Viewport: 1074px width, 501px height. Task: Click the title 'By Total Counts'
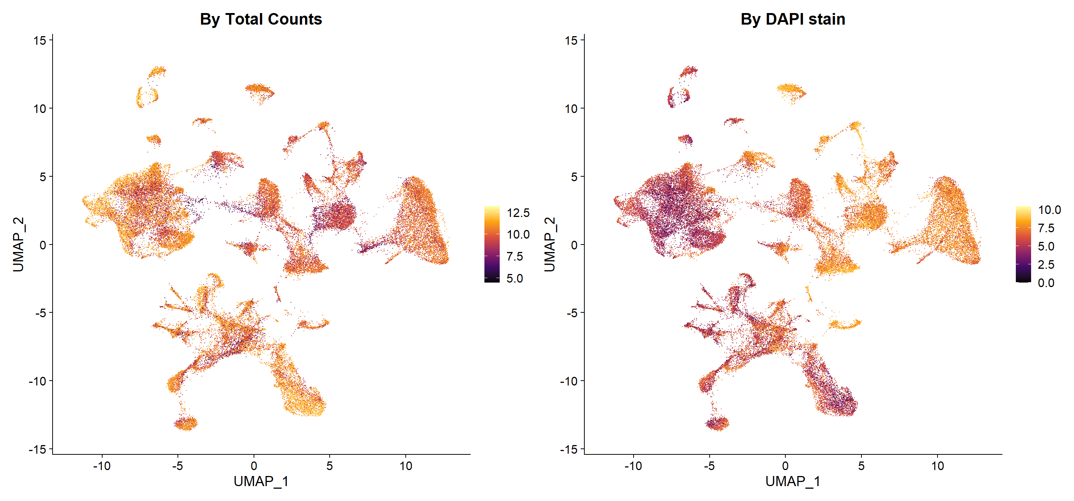pos(261,19)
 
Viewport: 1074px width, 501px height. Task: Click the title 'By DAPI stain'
pos(792,19)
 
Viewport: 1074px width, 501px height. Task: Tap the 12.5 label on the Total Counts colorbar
pos(518,212)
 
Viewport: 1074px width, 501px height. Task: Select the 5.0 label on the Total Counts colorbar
pos(515,278)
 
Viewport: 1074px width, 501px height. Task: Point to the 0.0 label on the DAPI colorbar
pos(1046,283)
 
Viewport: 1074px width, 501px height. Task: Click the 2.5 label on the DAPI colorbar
pos(1046,265)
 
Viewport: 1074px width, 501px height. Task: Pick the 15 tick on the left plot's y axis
pos(40,40)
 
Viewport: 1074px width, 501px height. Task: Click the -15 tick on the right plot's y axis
pos(569,449)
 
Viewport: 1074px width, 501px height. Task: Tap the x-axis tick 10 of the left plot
pos(406,466)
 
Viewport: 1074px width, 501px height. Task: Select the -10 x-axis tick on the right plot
pos(633,466)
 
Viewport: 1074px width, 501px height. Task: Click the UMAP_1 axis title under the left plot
pos(261,481)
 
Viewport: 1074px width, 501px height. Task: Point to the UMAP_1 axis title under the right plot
pos(792,481)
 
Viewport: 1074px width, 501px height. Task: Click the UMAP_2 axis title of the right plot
pos(550,244)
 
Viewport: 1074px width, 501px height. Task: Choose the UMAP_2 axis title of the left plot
pos(18,244)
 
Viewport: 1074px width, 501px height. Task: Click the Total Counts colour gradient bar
pos(492,244)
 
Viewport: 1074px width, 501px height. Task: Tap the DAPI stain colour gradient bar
pos(1024,244)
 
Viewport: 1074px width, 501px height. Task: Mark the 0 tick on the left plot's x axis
pos(254,466)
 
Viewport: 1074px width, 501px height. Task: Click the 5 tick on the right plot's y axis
pos(574,177)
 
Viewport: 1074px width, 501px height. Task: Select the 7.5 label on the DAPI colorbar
pos(1046,228)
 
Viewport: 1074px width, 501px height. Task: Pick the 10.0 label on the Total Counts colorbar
pos(518,235)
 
